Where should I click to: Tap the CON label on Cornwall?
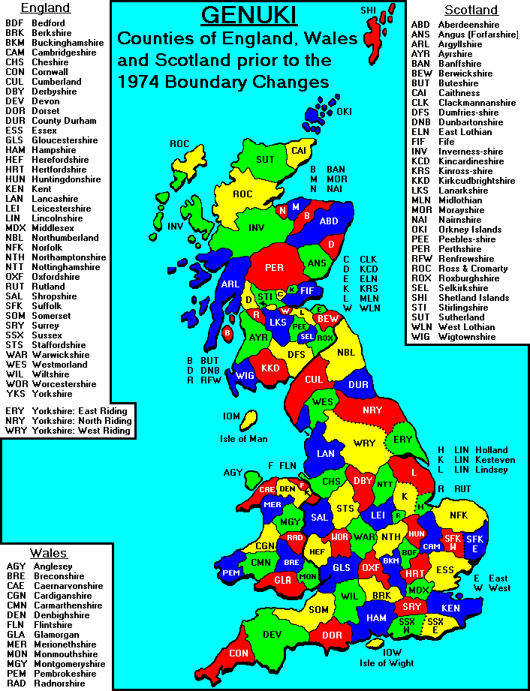pyautogui.click(x=239, y=653)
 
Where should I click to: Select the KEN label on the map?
pyautogui.click(x=450, y=608)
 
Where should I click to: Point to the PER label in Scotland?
pyautogui.click(x=276, y=266)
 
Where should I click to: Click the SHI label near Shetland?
pyautogui.click(x=368, y=11)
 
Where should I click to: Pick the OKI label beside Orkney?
pyautogui.click(x=344, y=112)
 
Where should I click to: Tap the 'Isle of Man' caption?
pyautogui.click(x=243, y=438)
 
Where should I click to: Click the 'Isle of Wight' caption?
pyautogui.click(x=387, y=662)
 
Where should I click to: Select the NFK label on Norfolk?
pyautogui.click(x=458, y=515)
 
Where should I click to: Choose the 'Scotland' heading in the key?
pyautogui.click(x=471, y=10)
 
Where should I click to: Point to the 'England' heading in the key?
pyautogui.click(x=45, y=8)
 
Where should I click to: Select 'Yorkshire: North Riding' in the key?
pyautogui.click(x=81, y=421)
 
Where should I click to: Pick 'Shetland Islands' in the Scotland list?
pyautogui.click(x=470, y=297)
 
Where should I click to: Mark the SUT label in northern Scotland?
pyautogui.click(x=265, y=159)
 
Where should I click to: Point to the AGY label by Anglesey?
pyautogui.click(x=233, y=473)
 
